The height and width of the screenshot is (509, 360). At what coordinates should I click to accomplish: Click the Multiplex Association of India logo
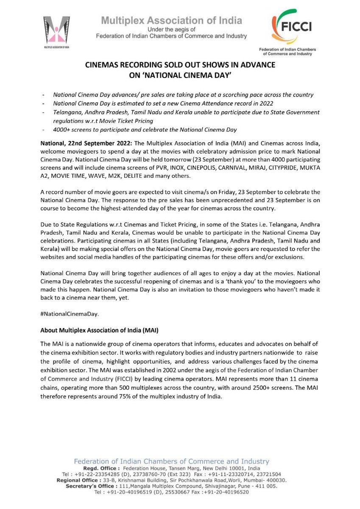click(x=56, y=31)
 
